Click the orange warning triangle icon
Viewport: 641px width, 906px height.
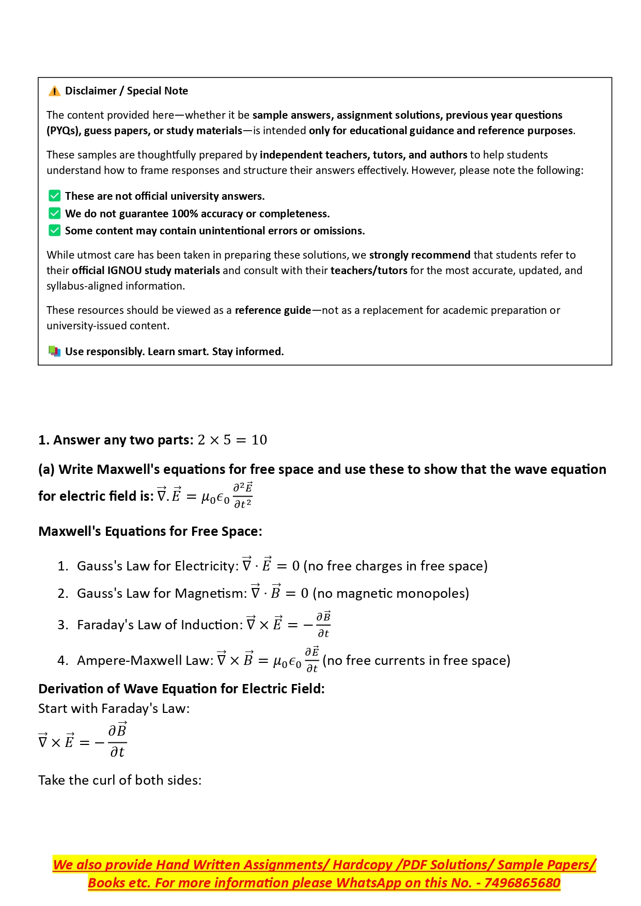tap(54, 91)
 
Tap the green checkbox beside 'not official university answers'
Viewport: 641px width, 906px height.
tap(54, 196)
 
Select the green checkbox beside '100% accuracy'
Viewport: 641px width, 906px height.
tap(54, 214)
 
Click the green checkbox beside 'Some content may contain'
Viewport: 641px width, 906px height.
tap(54, 231)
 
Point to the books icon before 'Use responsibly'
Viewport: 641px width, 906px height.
tap(54, 352)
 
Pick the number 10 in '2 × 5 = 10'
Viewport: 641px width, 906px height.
tap(259, 440)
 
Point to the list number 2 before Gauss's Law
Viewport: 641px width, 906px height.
tap(62, 594)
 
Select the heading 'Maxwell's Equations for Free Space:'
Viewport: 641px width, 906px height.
tap(150, 531)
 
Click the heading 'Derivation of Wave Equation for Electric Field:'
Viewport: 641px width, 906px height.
tap(181, 689)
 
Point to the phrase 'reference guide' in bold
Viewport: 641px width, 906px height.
tap(273, 310)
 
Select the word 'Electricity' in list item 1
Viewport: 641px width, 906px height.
tap(206, 566)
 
